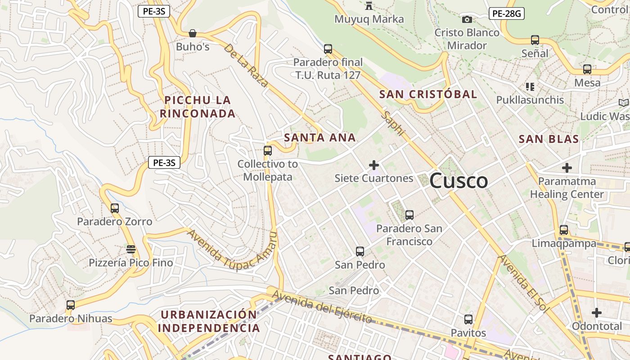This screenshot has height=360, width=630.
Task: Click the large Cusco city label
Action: (x=459, y=181)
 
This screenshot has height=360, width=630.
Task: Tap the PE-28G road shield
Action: (x=506, y=13)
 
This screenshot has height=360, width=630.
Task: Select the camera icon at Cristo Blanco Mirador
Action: (x=467, y=19)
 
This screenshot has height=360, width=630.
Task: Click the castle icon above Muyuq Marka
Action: (x=369, y=6)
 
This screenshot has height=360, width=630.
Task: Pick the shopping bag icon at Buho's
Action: (x=193, y=33)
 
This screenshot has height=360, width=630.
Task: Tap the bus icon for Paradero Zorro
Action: (x=115, y=208)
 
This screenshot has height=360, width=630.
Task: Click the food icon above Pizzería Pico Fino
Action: (x=131, y=249)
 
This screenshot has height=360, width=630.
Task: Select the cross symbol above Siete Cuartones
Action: (x=373, y=165)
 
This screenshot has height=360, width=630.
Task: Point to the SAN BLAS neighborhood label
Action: (x=549, y=139)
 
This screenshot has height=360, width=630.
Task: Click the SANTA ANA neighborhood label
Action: (x=320, y=138)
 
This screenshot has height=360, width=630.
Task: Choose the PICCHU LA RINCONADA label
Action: (x=198, y=107)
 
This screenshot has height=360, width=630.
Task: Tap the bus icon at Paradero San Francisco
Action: (x=409, y=215)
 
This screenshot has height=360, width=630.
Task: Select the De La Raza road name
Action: (x=246, y=65)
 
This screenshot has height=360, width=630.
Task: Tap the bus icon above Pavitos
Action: (x=468, y=319)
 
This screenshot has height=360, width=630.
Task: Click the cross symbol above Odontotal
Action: (x=597, y=312)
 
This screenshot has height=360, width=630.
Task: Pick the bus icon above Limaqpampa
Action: (x=564, y=230)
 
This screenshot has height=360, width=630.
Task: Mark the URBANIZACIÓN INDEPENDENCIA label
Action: (x=209, y=321)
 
